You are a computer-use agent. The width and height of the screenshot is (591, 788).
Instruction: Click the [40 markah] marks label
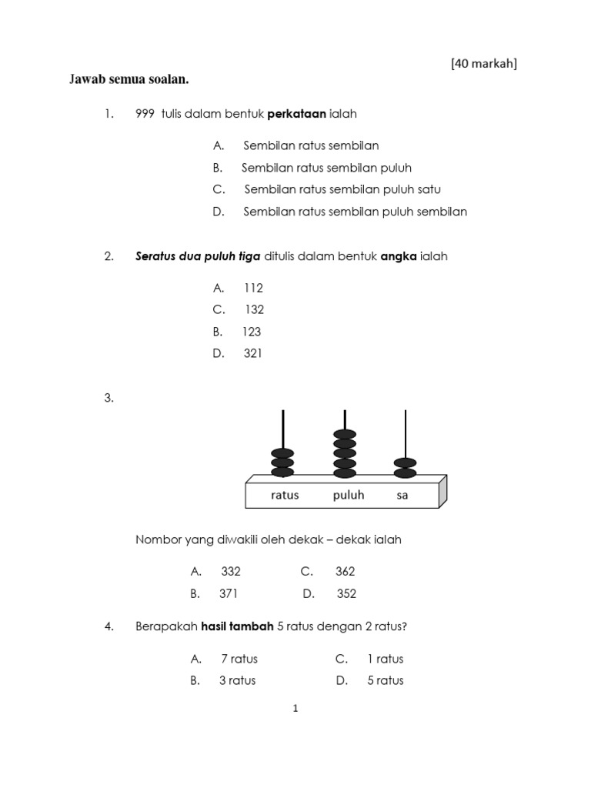tap(483, 63)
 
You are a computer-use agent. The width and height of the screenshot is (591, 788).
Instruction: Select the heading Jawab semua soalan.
tap(129, 80)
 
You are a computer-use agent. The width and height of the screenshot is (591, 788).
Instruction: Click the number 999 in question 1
tap(145, 114)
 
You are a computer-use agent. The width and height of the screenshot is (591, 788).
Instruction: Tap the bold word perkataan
tap(297, 114)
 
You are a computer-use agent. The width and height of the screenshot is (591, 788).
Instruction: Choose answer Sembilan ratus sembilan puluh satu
tap(342, 189)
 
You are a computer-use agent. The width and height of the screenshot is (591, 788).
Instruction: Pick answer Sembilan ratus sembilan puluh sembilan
tap(355, 212)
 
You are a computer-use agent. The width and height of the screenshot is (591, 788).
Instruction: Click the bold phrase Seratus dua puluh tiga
tap(198, 256)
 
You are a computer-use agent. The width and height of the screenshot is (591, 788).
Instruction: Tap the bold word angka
tap(399, 256)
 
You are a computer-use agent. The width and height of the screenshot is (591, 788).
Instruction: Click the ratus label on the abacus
tap(284, 495)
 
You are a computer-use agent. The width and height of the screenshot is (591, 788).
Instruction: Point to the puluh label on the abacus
tap(349, 495)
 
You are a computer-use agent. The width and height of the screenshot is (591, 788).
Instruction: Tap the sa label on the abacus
tap(402, 495)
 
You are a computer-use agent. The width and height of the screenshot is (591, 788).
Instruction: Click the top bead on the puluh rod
tap(345, 434)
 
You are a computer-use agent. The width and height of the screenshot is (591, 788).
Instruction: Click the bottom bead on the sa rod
tap(406, 472)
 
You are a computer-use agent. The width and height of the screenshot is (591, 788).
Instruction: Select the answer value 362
tap(346, 572)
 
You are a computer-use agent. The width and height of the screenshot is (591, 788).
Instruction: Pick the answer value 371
tap(229, 593)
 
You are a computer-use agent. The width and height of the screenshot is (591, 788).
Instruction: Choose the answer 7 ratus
tap(239, 659)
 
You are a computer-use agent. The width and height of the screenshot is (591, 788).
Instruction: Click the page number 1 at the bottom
tap(295, 709)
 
